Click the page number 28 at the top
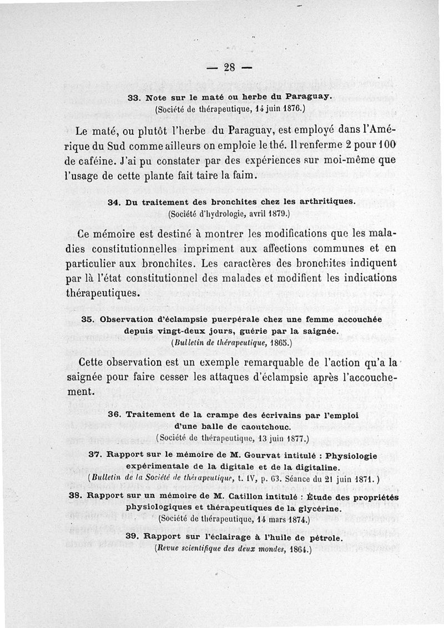tap(230, 68)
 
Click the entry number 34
tap(114, 202)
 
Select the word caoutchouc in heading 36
tap(256, 426)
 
